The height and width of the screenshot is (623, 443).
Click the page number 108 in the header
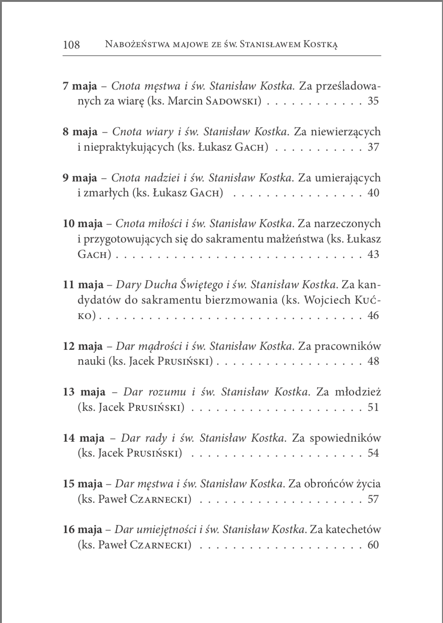(71, 45)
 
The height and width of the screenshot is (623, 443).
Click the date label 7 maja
(80, 86)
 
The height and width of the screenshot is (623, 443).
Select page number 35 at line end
(373, 101)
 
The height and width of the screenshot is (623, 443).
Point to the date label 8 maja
(80, 132)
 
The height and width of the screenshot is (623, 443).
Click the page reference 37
(373, 147)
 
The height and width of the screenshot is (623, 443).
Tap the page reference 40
(373, 193)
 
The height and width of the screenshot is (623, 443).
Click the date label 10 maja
(83, 224)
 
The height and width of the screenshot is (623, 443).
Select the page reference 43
(373, 254)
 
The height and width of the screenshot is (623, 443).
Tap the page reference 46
(373, 315)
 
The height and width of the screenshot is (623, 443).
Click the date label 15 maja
(83, 484)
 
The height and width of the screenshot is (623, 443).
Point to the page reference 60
(373, 545)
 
